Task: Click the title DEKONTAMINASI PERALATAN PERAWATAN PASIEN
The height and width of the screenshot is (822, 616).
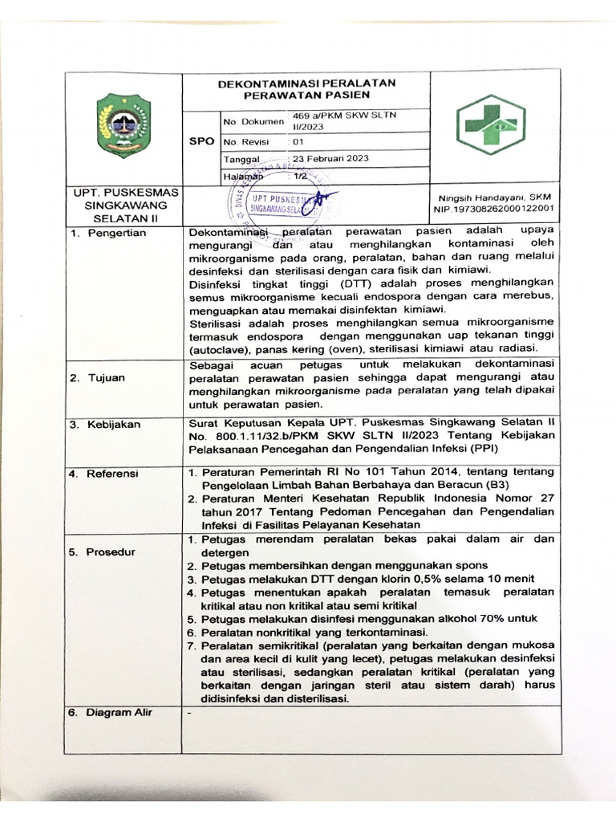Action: tap(308, 88)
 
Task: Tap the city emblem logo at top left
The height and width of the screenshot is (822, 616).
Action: tap(124, 125)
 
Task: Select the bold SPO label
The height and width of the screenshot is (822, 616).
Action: tap(201, 140)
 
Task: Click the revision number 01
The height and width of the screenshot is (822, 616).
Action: tap(298, 140)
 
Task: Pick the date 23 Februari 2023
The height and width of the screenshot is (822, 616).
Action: tap(330, 158)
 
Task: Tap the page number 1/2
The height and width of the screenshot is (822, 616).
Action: tap(301, 175)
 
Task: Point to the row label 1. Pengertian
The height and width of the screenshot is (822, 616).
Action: tap(107, 233)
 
